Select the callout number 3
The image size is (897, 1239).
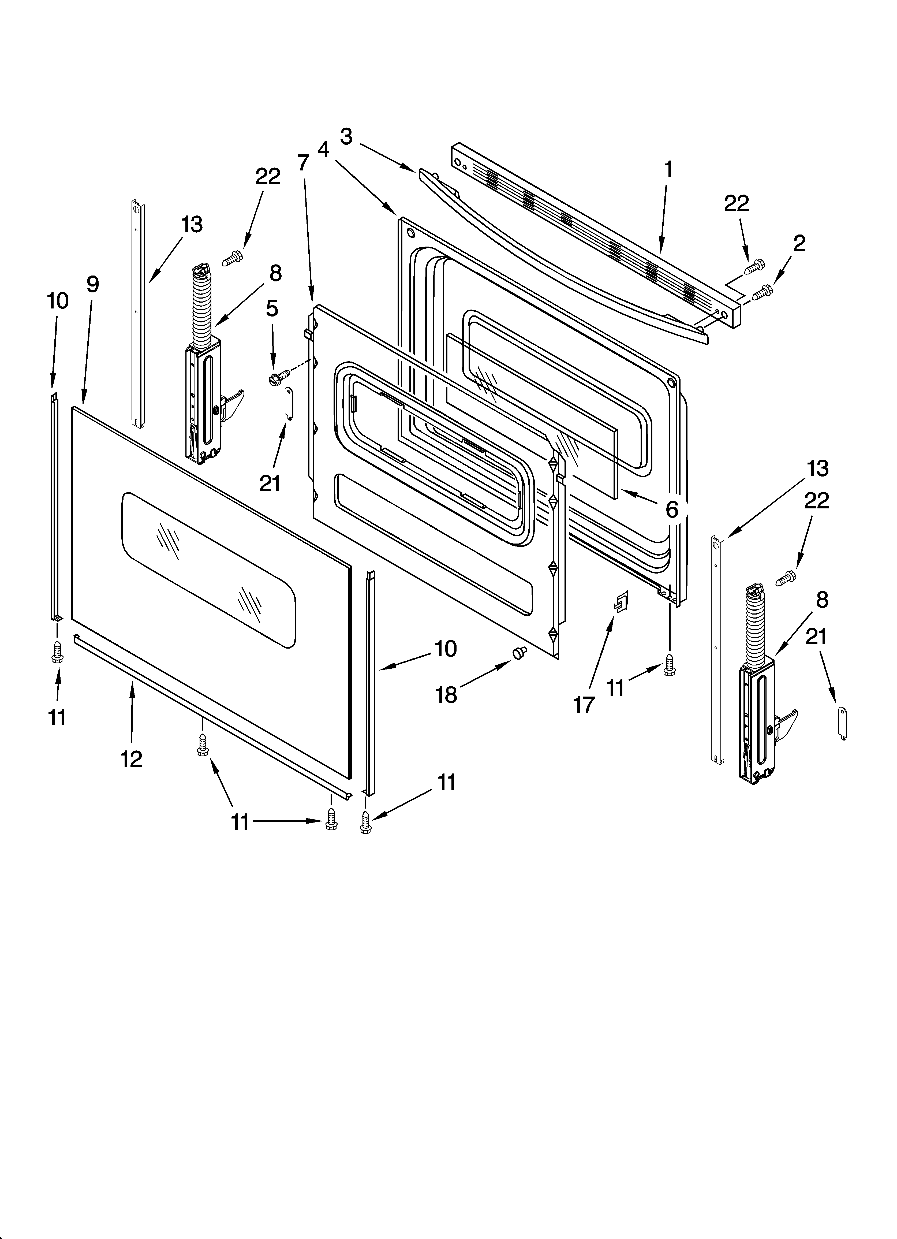[x=346, y=137]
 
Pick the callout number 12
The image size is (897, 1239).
[x=132, y=759]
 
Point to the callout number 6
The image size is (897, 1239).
[x=672, y=509]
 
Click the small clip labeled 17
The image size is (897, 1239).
[x=621, y=602]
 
